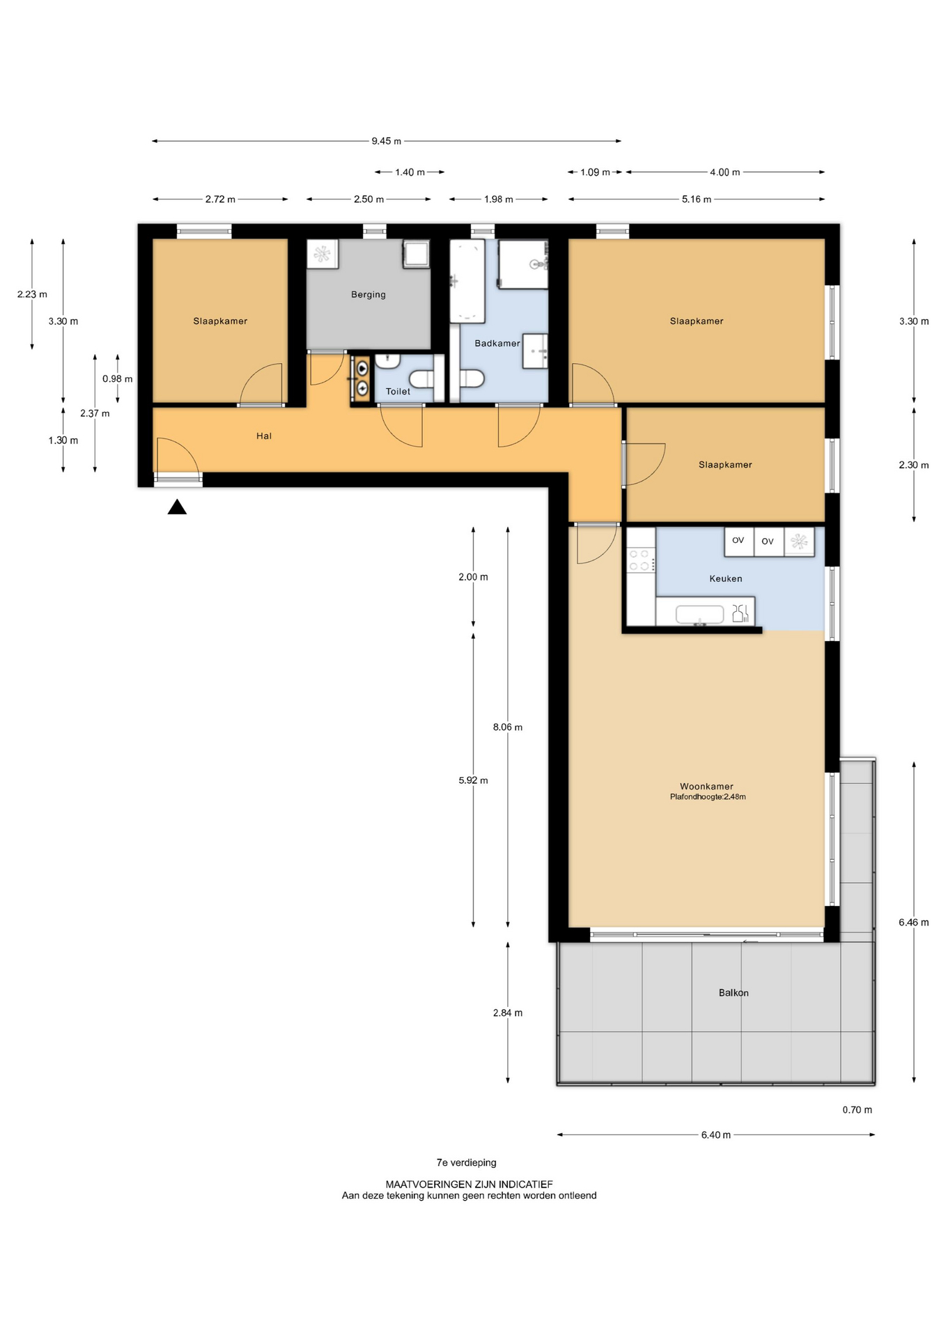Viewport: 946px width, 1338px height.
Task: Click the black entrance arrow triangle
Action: coord(177,507)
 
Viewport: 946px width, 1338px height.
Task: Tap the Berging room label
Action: coord(369,295)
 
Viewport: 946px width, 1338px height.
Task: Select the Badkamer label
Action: coord(497,344)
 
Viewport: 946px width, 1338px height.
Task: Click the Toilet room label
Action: coord(398,392)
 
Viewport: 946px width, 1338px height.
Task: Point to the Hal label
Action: coord(264,436)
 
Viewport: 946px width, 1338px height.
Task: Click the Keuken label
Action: coord(726,578)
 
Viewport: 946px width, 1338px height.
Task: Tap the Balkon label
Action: coord(734,993)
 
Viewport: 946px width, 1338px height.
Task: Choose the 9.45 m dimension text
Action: coord(387,141)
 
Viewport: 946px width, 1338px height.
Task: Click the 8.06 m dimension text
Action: coord(508,727)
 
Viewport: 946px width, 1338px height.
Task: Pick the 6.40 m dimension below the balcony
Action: coord(716,1135)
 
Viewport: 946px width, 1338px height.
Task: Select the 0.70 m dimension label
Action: coord(857,1109)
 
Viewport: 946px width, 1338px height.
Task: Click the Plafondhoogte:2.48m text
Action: coord(708,797)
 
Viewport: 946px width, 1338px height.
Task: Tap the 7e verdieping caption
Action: coord(467,1162)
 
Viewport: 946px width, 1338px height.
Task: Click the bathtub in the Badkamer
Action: coord(467,281)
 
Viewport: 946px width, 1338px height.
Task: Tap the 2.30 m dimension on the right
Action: coord(914,465)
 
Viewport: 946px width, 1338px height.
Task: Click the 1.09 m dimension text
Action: coord(596,172)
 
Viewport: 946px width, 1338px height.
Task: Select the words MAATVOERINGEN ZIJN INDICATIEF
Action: coord(470,1184)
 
